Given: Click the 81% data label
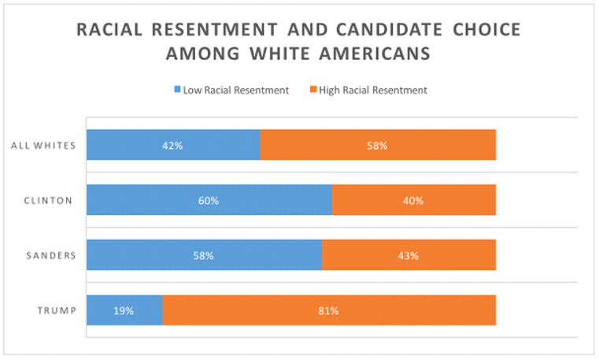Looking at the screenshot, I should click(x=328, y=310).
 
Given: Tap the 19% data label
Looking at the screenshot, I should click(x=124, y=310).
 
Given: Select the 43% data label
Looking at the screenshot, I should click(x=408, y=255).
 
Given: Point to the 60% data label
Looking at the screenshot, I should click(x=209, y=200).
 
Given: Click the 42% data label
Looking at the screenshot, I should click(x=172, y=145).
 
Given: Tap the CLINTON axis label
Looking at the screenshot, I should click(x=48, y=200).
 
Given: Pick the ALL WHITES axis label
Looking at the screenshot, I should click(x=44, y=145).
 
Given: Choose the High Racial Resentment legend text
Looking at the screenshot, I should click(x=376, y=91).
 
